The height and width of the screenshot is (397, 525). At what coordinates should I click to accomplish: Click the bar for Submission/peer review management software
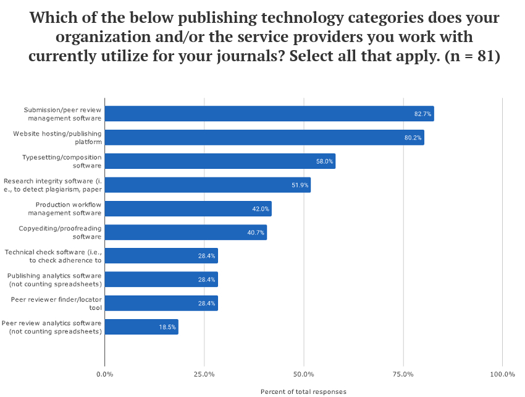coord(269,114)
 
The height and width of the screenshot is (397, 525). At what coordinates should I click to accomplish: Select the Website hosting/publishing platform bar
coord(264,137)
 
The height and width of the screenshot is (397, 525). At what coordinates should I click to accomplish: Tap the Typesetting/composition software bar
coord(220,161)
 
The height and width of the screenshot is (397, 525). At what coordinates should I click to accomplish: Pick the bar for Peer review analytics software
coord(141,327)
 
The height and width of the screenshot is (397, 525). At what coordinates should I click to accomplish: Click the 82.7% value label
coord(422,114)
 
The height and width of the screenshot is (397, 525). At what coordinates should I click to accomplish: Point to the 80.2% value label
coord(413,137)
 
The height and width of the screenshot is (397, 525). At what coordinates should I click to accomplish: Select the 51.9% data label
coord(300,185)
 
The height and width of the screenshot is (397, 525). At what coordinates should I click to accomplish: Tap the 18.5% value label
coord(167,327)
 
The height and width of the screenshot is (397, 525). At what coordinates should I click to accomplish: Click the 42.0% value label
coord(260,209)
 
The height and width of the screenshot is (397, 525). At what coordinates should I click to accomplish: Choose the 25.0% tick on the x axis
coord(204,374)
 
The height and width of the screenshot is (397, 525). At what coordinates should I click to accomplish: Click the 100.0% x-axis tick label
coord(502,374)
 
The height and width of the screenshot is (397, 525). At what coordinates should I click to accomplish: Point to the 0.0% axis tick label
coord(105,374)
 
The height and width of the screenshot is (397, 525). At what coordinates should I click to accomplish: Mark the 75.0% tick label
coord(403,374)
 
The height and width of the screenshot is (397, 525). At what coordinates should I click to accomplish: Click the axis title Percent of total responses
coord(303,391)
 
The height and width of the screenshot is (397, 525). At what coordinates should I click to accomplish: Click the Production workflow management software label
coord(68,208)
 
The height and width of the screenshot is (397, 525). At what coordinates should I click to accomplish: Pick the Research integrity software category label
coord(52,185)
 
